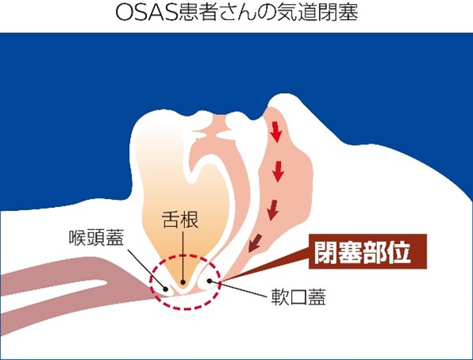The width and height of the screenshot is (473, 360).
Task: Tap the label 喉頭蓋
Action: pyautogui.click(x=96, y=238)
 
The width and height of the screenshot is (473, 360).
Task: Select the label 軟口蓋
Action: pyautogui.click(x=298, y=297)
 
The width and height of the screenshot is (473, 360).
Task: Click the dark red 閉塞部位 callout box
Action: pyautogui.click(x=367, y=251)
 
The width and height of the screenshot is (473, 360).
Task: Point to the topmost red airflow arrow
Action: pyautogui.click(x=275, y=132)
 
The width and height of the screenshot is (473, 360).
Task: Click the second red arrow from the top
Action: pyautogui.click(x=278, y=171)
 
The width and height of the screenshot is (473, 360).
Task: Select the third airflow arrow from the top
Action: pyautogui.click(x=272, y=210)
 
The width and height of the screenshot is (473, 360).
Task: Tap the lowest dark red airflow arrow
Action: pyautogui.click(x=254, y=243)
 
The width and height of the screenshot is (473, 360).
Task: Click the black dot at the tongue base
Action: pyautogui.click(x=183, y=282)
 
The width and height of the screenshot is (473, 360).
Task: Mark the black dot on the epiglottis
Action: pyautogui.click(x=165, y=289)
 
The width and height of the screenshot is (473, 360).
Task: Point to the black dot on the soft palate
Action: pyautogui.click(x=210, y=281)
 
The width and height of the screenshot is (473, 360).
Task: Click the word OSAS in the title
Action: pyautogui.click(x=146, y=13)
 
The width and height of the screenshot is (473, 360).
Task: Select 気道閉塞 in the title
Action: pyautogui.click(x=318, y=13)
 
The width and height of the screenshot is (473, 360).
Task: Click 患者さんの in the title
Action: pyautogui.click(x=227, y=13)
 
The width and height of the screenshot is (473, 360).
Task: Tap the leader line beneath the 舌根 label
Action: pyautogui.click(x=183, y=255)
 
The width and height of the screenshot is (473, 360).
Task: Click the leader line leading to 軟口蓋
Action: pyautogui.click(x=238, y=289)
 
